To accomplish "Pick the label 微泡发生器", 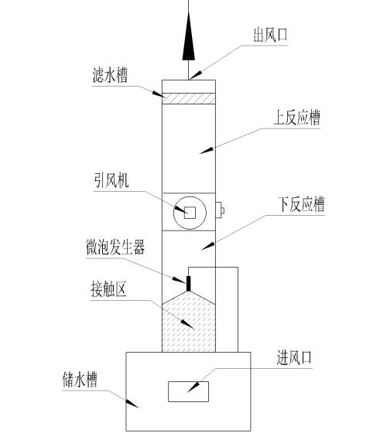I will click(115, 249).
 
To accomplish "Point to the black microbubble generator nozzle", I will click(187, 282).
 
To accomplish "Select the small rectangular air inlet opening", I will click(189, 391).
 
